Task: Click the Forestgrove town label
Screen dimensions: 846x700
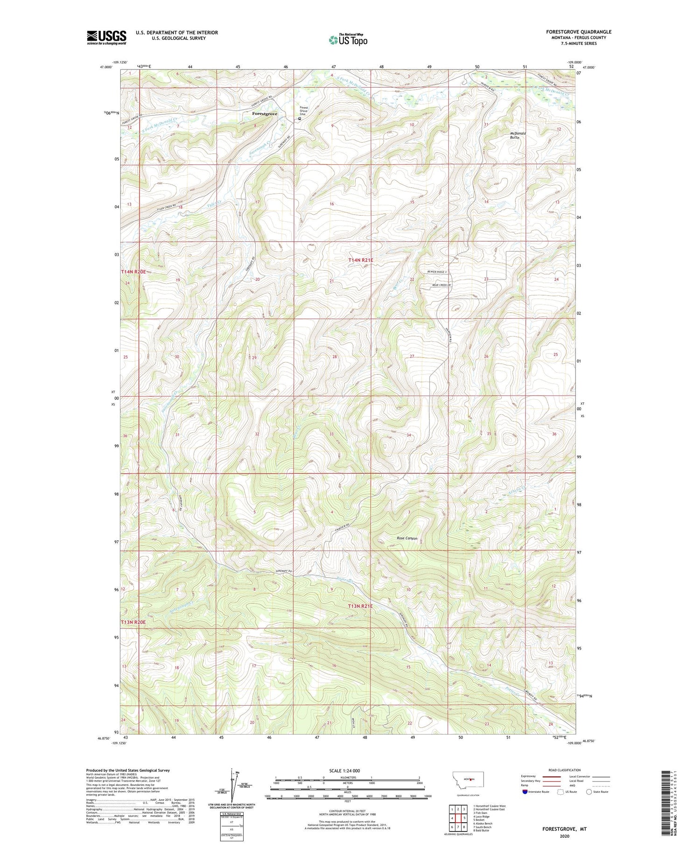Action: (265, 114)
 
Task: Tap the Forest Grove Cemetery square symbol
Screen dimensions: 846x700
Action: (300, 119)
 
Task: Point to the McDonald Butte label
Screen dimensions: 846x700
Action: (517, 135)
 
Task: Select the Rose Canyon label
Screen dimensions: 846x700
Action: (407, 538)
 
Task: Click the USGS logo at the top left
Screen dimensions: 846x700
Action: (106, 37)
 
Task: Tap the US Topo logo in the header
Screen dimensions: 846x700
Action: (348, 40)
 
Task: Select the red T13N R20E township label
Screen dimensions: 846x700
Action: (133, 622)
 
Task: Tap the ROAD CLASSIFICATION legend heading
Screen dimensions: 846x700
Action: (565, 770)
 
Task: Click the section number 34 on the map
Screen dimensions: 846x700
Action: (409, 435)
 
